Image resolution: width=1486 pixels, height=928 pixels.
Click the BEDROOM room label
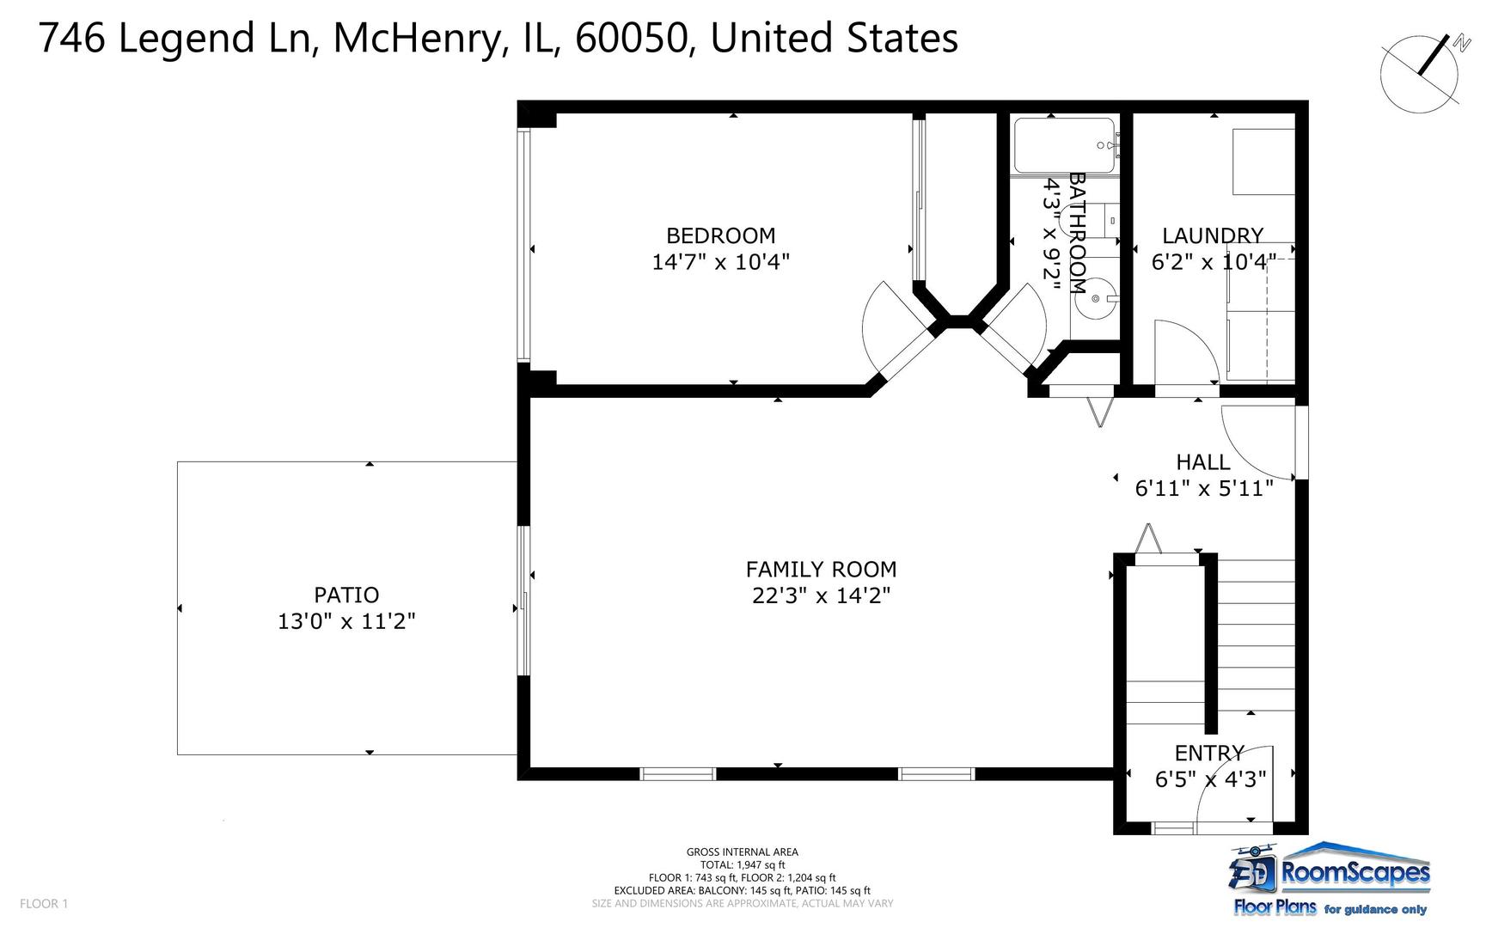[720, 235]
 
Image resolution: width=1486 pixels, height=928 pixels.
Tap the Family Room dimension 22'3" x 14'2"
[821, 595]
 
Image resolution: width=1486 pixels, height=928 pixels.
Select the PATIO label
[346, 595]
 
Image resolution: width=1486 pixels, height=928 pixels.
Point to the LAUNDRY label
[1212, 235]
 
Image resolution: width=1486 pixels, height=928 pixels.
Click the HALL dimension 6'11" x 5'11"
[1203, 488]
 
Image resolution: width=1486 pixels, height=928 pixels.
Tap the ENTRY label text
[1208, 754]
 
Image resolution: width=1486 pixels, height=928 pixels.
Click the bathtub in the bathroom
[1064, 145]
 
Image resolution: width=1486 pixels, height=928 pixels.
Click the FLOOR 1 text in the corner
[43, 903]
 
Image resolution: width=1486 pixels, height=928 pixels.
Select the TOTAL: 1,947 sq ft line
[742, 864]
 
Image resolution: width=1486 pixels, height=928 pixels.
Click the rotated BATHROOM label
[1077, 233]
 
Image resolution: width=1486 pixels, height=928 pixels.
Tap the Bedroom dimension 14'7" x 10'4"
[720, 262]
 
